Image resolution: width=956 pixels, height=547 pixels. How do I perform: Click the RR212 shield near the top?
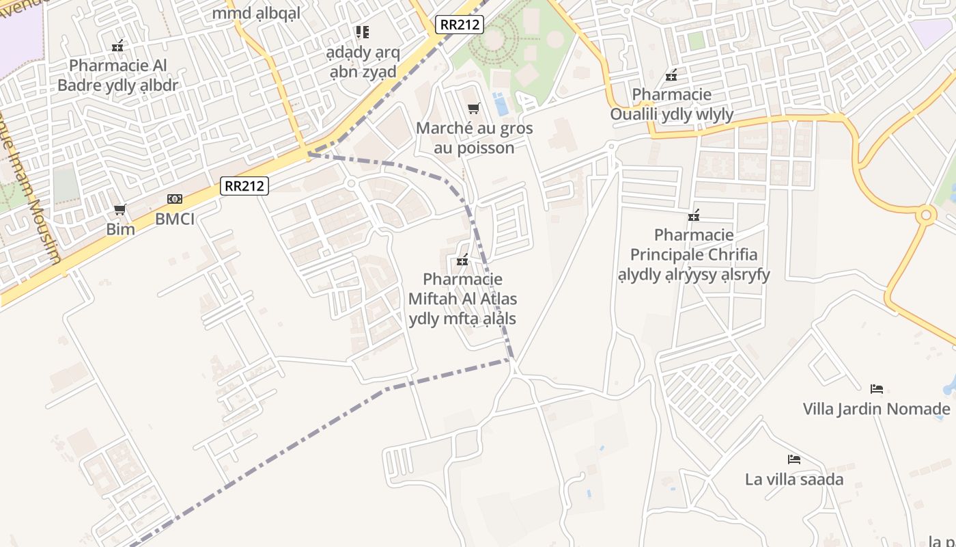click(460, 25)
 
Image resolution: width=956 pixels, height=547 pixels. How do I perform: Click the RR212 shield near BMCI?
click(244, 185)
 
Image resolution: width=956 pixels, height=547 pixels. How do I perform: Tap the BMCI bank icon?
click(175, 199)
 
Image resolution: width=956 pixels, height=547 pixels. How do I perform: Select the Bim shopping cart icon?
click(120, 209)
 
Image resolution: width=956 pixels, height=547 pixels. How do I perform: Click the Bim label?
click(120, 229)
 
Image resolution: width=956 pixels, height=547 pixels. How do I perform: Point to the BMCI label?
click(175, 219)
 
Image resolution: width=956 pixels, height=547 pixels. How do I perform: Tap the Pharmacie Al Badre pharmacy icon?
click(118, 46)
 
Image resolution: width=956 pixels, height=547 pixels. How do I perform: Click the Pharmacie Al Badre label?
click(117, 75)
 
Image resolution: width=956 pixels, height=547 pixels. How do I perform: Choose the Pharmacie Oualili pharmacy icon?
click(672, 75)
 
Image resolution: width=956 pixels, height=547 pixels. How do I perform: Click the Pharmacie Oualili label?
click(672, 104)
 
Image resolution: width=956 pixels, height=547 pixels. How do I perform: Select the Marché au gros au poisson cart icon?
click(474, 108)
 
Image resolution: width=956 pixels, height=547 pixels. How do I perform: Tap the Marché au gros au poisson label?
click(474, 137)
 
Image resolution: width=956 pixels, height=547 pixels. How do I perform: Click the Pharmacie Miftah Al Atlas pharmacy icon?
click(462, 260)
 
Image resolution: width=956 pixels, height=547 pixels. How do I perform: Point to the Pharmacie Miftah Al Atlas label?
click(462, 299)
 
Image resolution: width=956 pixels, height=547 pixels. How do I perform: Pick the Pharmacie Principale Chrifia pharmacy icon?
click(694, 215)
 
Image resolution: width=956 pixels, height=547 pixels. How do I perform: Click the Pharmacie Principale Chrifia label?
click(694, 254)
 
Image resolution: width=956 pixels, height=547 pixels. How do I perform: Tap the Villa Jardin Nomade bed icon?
click(877, 389)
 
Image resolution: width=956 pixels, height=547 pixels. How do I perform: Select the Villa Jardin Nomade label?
click(877, 409)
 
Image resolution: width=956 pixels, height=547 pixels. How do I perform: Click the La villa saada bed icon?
click(793, 459)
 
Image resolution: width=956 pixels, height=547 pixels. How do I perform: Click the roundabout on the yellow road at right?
click(926, 215)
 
